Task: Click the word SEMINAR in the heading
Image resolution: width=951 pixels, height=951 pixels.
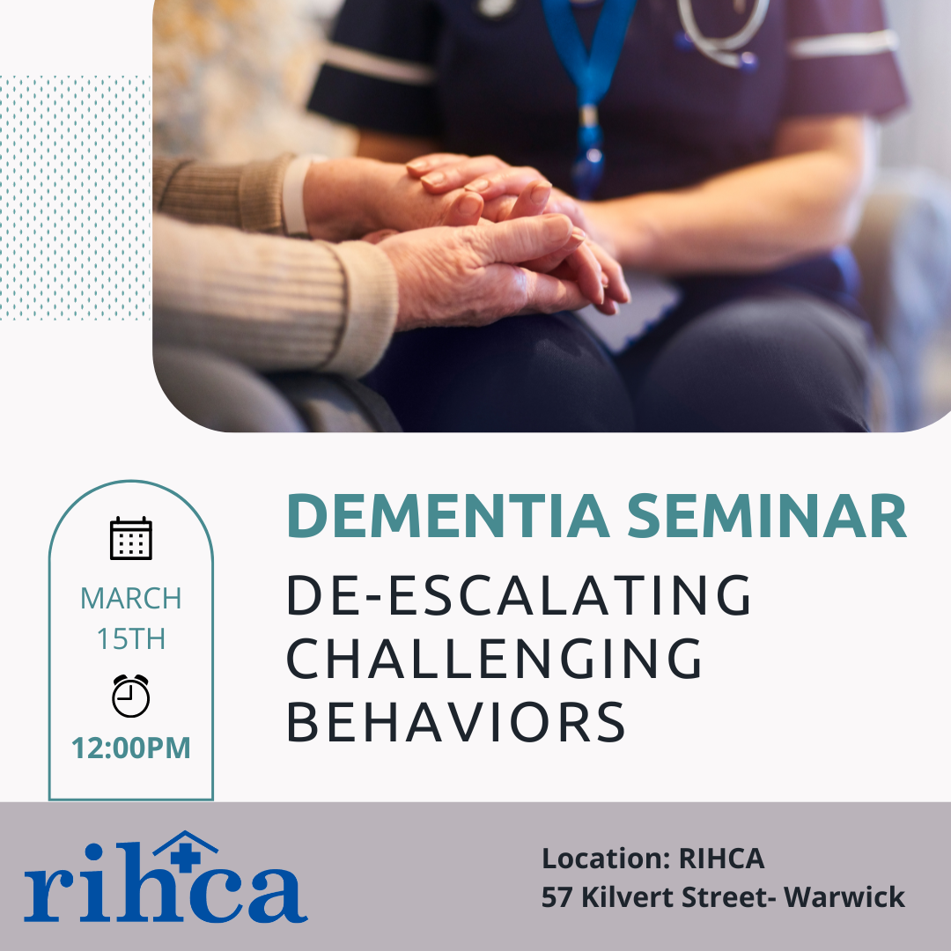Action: tap(767, 516)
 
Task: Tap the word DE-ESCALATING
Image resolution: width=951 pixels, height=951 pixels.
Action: tap(520, 595)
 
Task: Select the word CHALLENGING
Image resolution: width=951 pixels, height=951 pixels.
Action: tap(494, 659)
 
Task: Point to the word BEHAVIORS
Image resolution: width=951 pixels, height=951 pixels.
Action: tap(455, 722)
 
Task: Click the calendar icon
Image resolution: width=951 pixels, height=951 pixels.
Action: tap(131, 538)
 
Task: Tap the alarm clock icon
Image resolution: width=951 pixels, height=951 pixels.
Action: tap(131, 696)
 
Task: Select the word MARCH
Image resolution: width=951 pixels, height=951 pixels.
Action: tap(131, 599)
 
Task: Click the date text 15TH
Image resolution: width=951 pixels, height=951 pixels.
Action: tap(131, 639)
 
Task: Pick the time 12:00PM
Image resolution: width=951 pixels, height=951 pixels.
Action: tap(131, 748)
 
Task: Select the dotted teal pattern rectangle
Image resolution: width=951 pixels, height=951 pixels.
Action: tap(75, 198)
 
